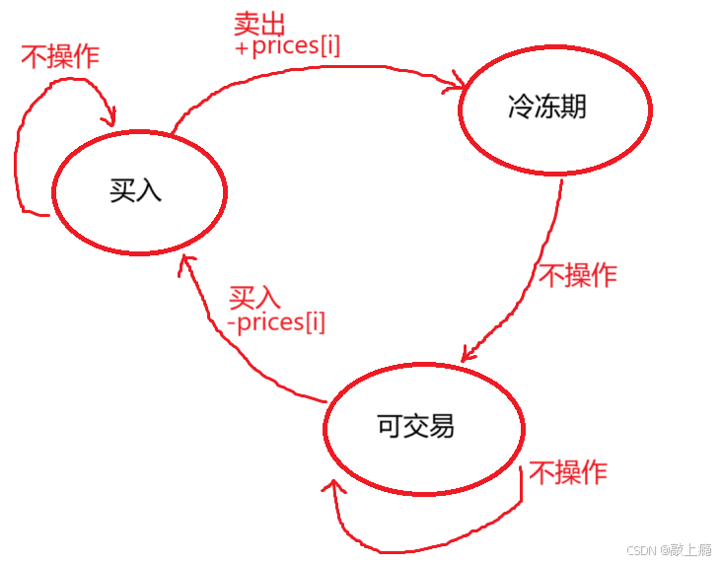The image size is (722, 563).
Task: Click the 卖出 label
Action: (x=258, y=24)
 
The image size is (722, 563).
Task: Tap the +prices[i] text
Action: (x=288, y=46)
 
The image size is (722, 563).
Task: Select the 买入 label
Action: (x=255, y=297)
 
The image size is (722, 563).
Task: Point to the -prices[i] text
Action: (x=276, y=321)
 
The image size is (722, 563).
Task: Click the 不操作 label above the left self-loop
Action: (x=60, y=57)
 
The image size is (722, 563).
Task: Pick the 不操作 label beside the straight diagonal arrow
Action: (x=577, y=275)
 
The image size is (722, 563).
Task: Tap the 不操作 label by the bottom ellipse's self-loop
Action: (x=568, y=473)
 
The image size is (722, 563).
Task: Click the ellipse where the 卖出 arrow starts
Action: (x=139, y=190)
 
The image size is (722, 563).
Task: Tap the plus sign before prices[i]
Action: (x=241, y=47)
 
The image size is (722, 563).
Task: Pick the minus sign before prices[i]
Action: (x=231, y=322)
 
